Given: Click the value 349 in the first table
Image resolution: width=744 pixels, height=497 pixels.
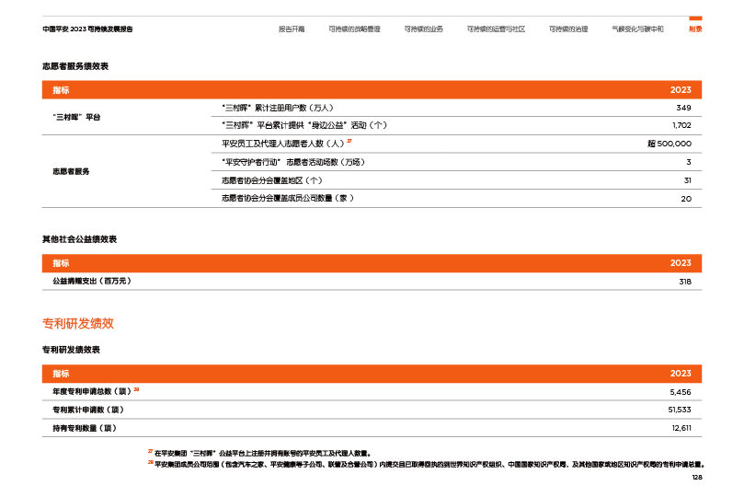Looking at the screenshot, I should click(x=683, y=108).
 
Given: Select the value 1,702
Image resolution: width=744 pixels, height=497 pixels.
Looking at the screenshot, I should click(x=681, y=125).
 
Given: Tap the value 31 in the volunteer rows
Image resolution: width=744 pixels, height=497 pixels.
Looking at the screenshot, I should click(x=687, y=180).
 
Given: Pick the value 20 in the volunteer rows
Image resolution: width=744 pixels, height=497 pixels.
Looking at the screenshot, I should click(x=686, y=198).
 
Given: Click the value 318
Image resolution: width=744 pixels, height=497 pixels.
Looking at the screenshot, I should click(x=684, y=281).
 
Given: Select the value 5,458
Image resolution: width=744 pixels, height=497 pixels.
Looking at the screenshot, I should click(x=681, y=391).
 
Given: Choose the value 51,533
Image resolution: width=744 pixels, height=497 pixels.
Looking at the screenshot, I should click(x=680, y=409).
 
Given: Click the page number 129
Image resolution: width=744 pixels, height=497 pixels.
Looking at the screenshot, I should click(x=696, y=478).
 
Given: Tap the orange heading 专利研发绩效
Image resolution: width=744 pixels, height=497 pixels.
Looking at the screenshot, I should click(x=78, y=324).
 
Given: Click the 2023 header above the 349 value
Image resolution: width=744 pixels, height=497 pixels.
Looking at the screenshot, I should click(x=681, y=90).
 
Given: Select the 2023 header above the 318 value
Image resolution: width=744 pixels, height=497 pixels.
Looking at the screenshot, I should click(x=681, y=263).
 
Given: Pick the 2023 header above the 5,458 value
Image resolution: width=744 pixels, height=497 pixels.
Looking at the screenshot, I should click(x=681, y=374).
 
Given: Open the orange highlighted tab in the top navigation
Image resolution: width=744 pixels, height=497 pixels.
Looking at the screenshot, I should click(x=695, y=29).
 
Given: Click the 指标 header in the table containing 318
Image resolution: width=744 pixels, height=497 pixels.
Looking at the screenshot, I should click(x=61, y=263).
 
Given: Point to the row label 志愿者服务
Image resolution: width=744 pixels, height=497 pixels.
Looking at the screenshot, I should click(x=71, y=171).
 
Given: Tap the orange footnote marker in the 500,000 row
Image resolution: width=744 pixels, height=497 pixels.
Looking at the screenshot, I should click(x=349, y=142).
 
